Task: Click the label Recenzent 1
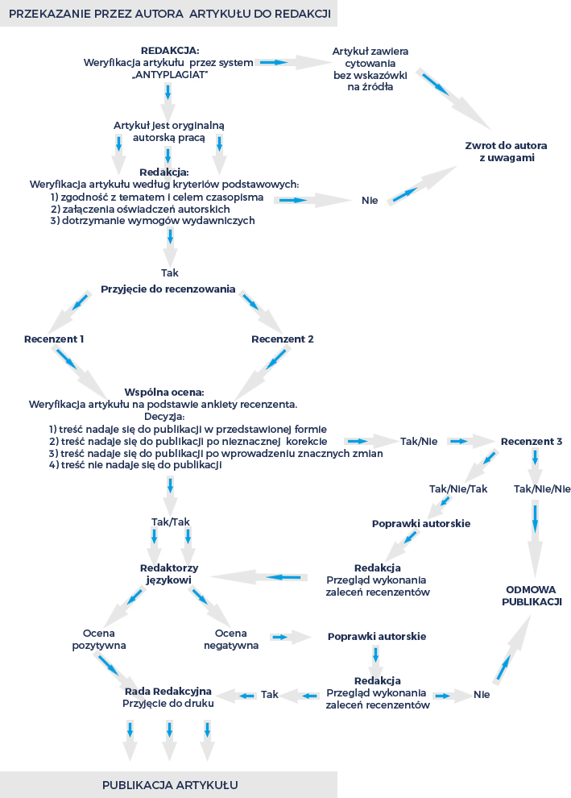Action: [x=54, y=339]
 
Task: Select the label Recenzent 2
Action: [x=282, y=339]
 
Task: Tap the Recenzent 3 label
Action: [x=532, y=441]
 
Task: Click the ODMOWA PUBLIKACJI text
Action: [x=532, y=596]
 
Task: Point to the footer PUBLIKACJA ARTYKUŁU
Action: [x=170, y=785]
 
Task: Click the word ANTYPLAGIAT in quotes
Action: [x=171, y=75]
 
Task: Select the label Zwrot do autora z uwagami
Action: [x=506, y=152]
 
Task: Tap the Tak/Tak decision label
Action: [x=171, y=522]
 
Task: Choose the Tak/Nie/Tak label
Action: [x=458, y=488]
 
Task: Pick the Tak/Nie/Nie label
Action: [x=542, y=488]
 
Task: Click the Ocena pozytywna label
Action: [x=98, y=639]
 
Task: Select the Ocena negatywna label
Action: [x=231, y=639]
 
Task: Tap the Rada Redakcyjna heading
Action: [x=168, y=691]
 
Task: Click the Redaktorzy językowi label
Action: [x=169, y=574]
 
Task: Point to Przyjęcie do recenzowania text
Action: [x=168, y=289]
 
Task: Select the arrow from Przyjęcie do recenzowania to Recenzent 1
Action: [x=69, y=312]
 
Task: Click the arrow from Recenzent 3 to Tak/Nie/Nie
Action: [x=535, y=466]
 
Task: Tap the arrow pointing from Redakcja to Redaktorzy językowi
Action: [x=259, y=577]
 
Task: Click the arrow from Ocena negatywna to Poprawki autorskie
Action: [x=291, y=637]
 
